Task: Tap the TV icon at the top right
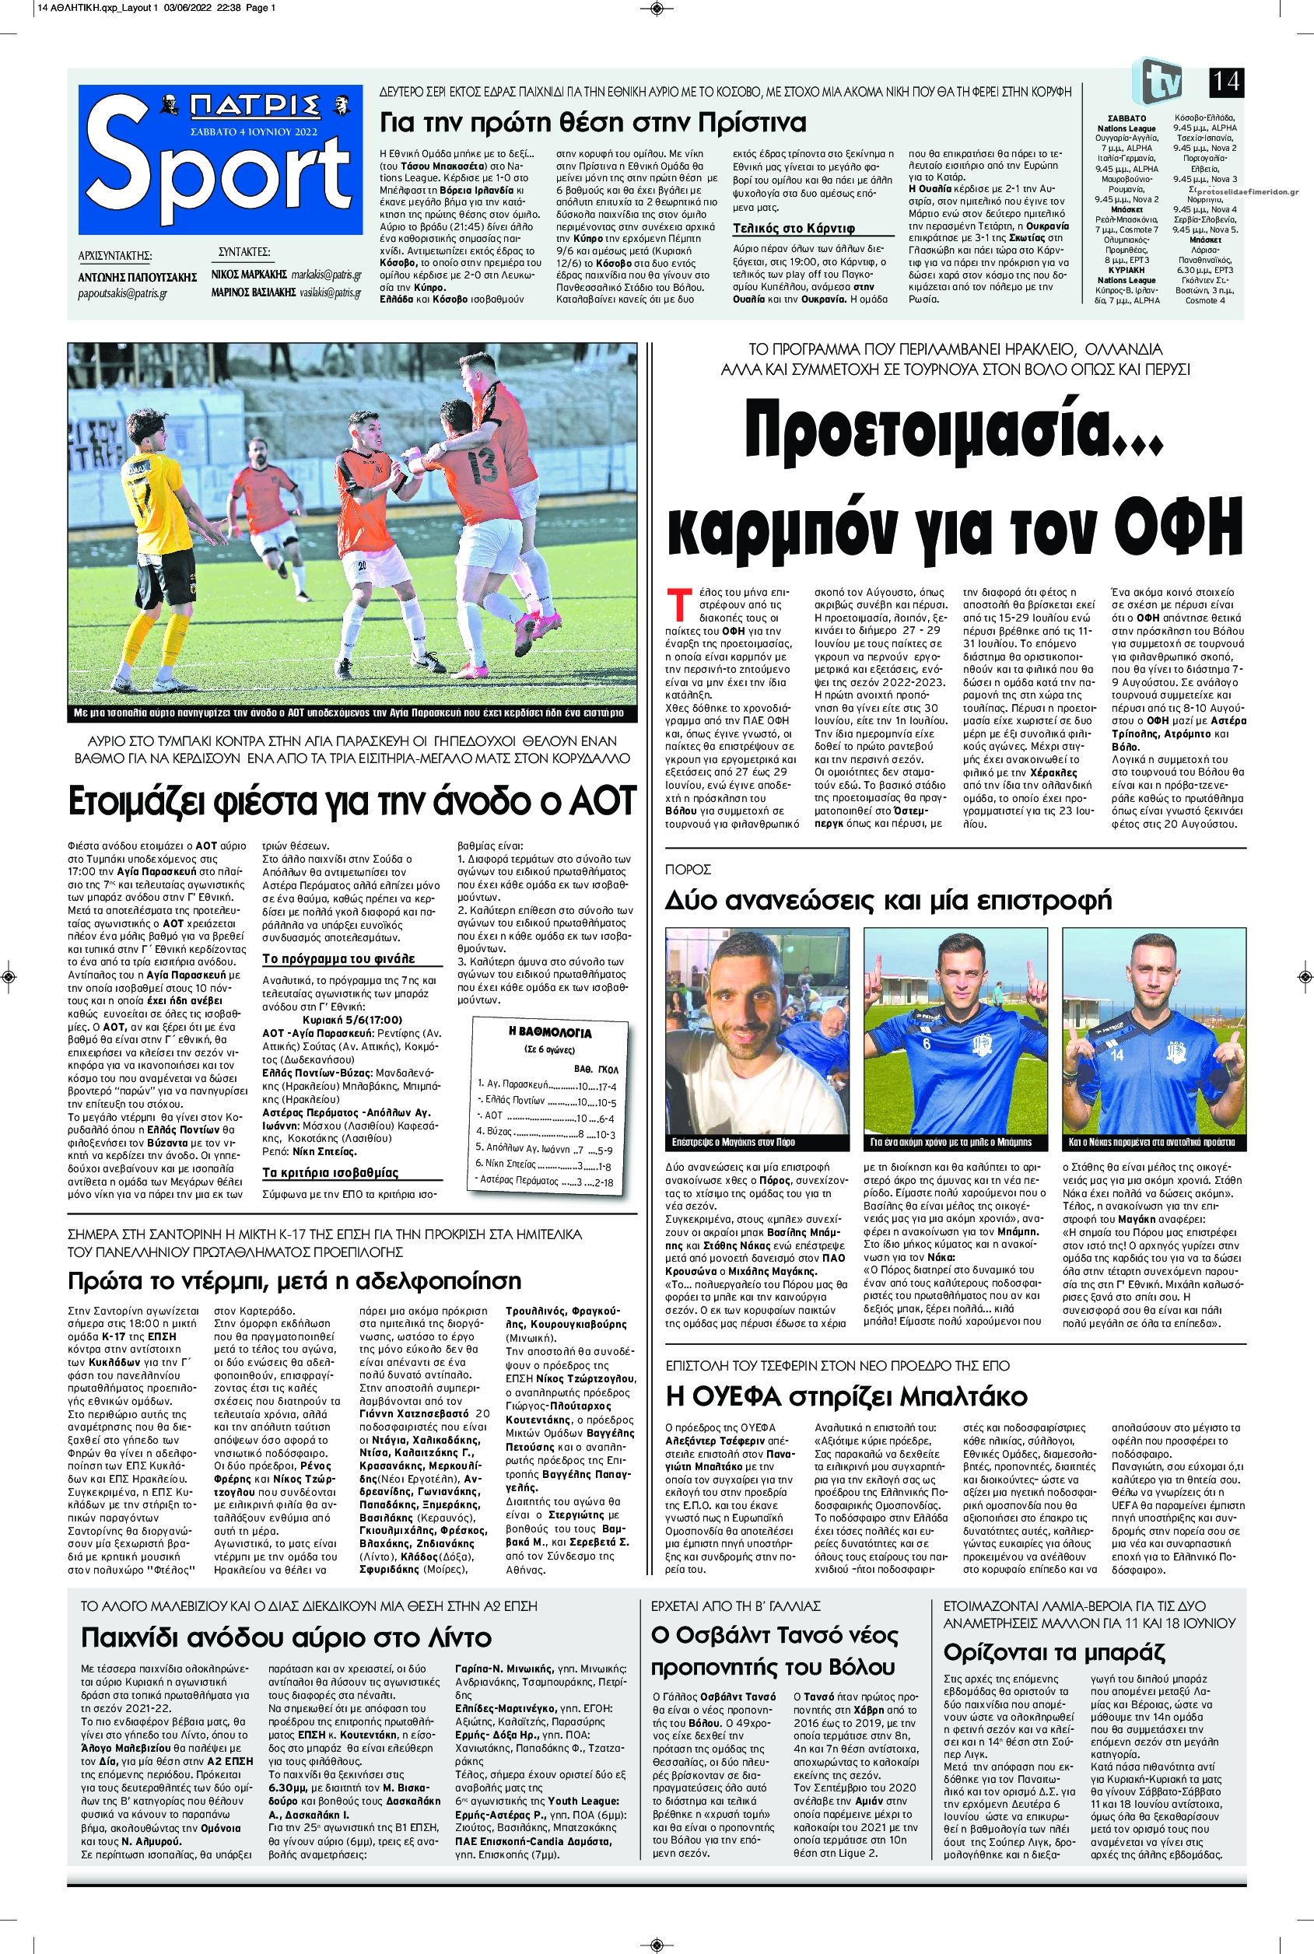1158,81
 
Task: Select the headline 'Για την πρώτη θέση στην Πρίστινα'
594,123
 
